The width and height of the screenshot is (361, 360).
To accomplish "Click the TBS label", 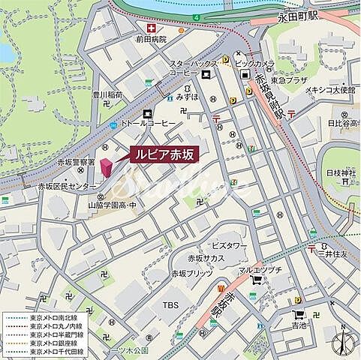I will point(170,305).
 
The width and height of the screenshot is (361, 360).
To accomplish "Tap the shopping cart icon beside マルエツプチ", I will point(258,281).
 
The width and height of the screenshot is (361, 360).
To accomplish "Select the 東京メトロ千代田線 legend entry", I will point(56,351).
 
